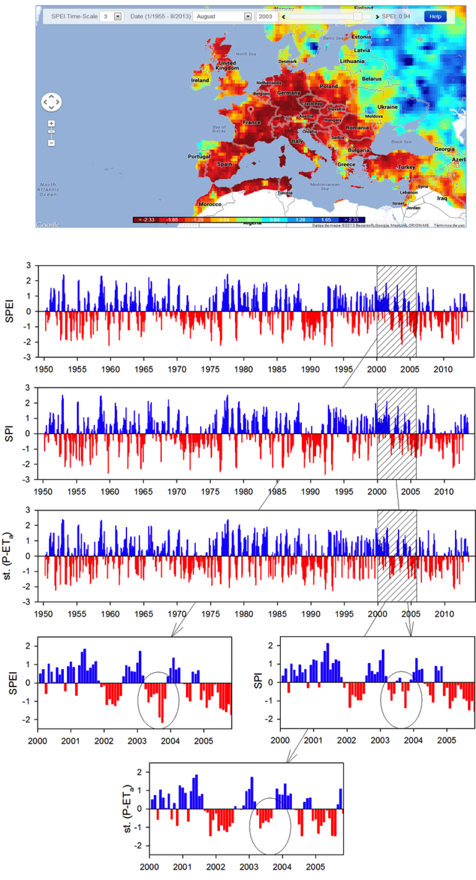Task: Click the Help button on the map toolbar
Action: [x=435, y=16]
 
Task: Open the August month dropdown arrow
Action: [x=248, y=16]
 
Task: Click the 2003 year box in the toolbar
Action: [x=266, y=16]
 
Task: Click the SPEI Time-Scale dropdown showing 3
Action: [x=118, y=16]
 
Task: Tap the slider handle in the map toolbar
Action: [x=357, y=16]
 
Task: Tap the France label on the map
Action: [x=252, y=122]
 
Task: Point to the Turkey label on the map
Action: [x=406, y=167]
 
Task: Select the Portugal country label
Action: [x=198, y=156]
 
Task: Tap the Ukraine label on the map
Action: [x=388, y=107]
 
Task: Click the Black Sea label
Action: [x=401, y=142]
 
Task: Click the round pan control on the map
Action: [x=51, y=102]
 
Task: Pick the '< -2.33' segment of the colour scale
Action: [x=146, y=220]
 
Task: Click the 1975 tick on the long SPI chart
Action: [x=210, y=491]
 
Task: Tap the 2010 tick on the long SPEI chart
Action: [x=443, y=369]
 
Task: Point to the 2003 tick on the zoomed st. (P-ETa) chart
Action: [x=249, y=867]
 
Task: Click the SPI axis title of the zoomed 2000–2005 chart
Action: [x=258, y=681]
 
